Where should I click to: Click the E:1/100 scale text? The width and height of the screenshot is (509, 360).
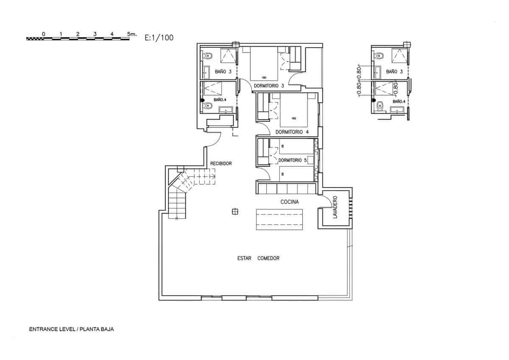[159, 37]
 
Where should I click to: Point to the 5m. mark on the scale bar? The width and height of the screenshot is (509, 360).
[131, 33]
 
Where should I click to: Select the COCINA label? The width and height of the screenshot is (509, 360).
[290, 202]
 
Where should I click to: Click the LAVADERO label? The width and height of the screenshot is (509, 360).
[335, 207]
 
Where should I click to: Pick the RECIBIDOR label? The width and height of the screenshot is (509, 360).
[221, 163]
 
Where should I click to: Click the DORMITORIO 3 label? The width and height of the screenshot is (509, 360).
[268, 86]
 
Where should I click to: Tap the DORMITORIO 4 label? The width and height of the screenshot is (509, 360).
[292, 132]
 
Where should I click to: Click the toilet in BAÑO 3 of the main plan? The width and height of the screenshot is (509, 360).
[208, 56]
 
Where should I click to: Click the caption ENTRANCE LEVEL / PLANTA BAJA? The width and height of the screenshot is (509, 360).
[71, 329]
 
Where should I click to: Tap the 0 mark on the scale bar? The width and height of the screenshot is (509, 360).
[44, 33]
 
